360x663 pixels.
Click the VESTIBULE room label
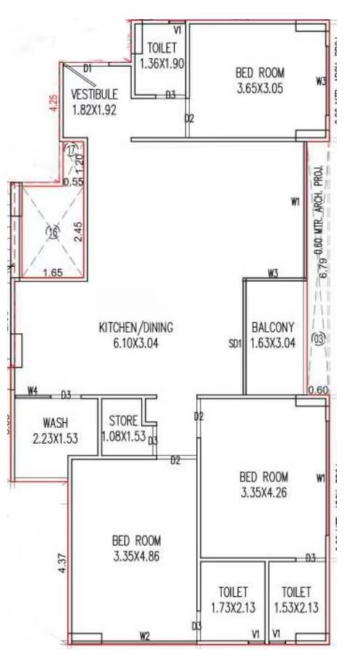pyautogui.click(x=94, y=94)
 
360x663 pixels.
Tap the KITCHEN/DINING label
pyautogui.click(x=136, y=327)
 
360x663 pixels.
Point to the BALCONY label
pyautogui.click(x=272, y=326)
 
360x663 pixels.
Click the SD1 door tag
pyautogui.click(x=234, y=344)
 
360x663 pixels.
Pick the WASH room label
pyautogui.click(x=55, y=421)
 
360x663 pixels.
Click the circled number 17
pyautogui.click(x=71, y=149)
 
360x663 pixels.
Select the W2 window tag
pyautogui.click(x=144, y=637)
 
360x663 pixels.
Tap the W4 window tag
pyautogui.click(x=32, y=391)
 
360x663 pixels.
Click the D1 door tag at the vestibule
pyautogui.click(x=88, y=68)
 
